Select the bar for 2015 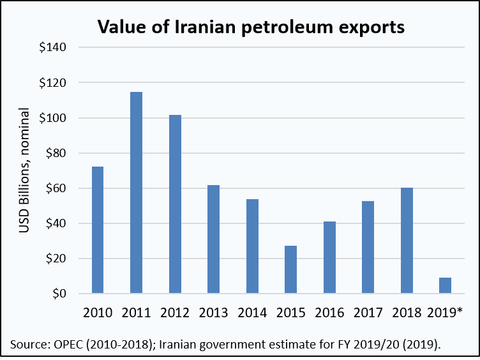pyautogui.click(x=290, y=269)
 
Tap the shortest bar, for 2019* pyautogui.click(x=445, y=285)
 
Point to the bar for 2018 pyautogui.click(x=407, y=241)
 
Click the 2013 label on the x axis pyautogui.click(x=213, y=313)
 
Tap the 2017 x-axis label pyautogui.click(x=368, y=313)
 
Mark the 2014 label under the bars pyautogui.click(x=252, y=313)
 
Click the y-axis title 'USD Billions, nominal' pyautogui.click(x=25, y=171)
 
